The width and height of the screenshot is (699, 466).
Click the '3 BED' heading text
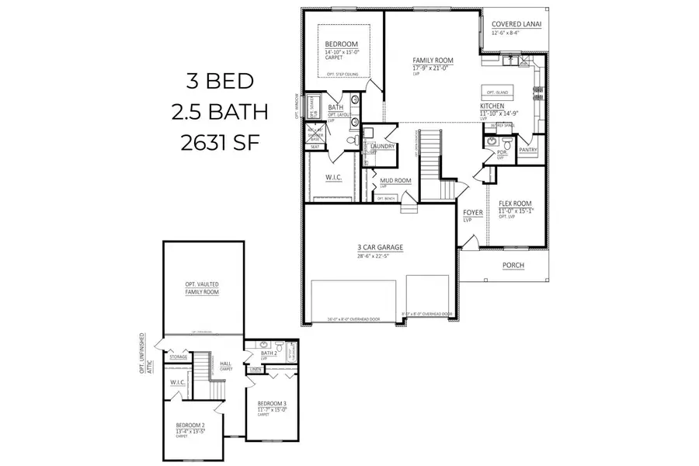tap(220, 81)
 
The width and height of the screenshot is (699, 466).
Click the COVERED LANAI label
tap(516, 24)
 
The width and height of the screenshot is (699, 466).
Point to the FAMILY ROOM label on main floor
tap(433, 60)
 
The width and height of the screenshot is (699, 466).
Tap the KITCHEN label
tap(492, 105)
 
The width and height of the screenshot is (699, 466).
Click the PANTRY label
tap(528, 150)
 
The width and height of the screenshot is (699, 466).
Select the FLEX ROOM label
tap(514, 203)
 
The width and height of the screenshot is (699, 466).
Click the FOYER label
tap(472, 212)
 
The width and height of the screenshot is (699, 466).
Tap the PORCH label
tap(513, 265)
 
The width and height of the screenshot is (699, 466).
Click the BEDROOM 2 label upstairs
tap(190, 426)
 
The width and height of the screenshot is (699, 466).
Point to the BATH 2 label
tap(270, 353)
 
